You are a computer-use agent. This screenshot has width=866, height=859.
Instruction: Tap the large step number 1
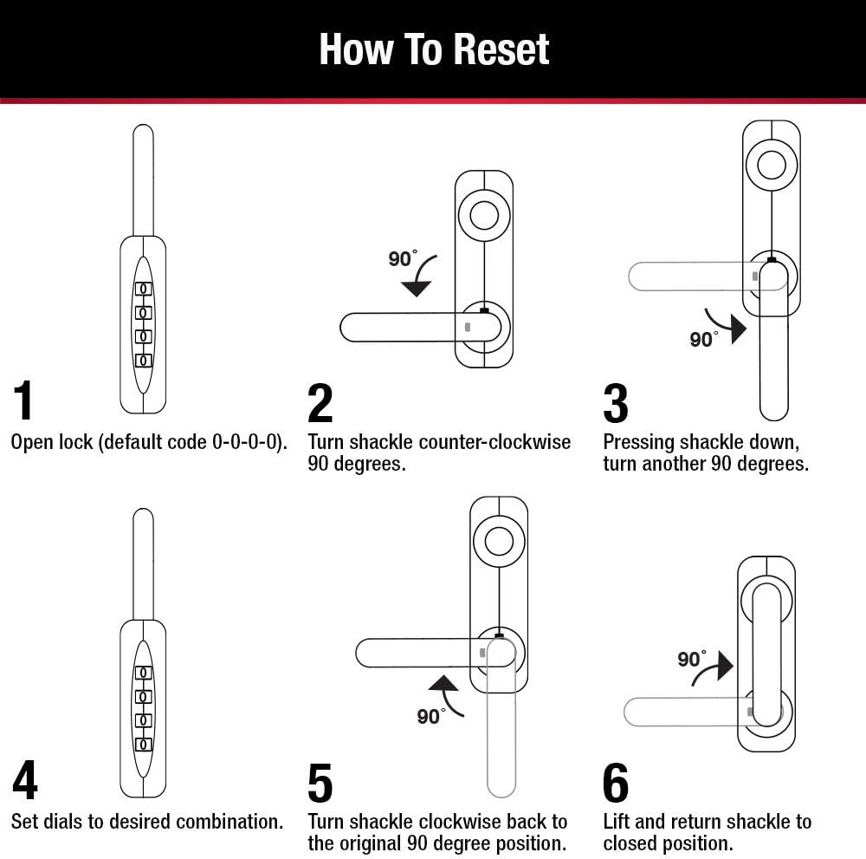(x=24, y=402)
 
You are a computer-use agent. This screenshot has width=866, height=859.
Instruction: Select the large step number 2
(x=320, y=402)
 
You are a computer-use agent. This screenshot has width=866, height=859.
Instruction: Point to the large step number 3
(x=615, y=402)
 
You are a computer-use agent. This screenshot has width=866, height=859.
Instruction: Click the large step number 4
(x=24, y=781)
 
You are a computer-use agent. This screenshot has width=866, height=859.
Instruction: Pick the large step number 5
(x=320, y=783)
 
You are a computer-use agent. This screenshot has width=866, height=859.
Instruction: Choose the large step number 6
(x=615, y=783)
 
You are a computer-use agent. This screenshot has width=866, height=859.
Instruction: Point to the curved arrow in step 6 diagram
(x=713, y=667)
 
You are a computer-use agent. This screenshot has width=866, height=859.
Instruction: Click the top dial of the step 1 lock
(x=143, y=289)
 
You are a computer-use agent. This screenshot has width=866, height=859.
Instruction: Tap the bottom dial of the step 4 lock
(x=143, y=744)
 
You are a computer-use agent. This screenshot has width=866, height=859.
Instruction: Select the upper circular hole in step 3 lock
(x=771, y=164)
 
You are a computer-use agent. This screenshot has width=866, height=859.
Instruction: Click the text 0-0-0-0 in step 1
(x=246, y=442)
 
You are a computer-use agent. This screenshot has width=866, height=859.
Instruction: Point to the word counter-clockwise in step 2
(x=494, y=442)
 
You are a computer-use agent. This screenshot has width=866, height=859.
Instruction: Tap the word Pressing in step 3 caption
(x=639, y=442)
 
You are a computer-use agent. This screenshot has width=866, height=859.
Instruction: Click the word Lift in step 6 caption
(x=617, y=821)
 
